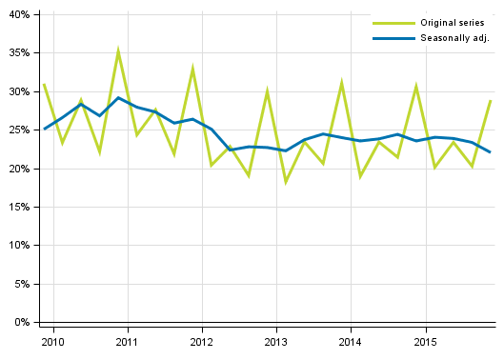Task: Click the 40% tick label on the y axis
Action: [18, 15]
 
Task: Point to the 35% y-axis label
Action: [18, 53]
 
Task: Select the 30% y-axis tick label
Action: [18, 92]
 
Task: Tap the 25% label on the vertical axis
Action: [18, 130]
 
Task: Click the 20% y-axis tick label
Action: [18, 169]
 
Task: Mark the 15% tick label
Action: [18, 207]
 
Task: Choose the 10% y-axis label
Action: [18, 246]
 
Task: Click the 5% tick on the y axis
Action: [21, 284]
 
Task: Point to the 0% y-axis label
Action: [21, 322]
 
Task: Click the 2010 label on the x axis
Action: [52, 341]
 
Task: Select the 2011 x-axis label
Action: [127, 341]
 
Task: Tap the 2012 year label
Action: [201, 341]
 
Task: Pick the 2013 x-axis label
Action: [275, 341]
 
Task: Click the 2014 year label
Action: [350, 341]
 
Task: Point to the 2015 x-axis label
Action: [425, 341]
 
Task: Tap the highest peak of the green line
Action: [118, 50]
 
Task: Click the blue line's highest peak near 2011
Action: [118, 97]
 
